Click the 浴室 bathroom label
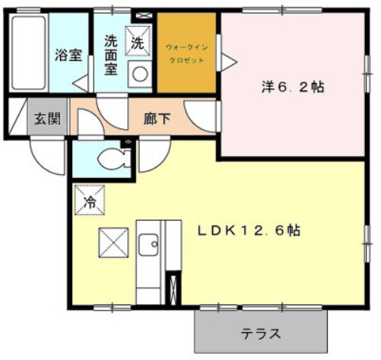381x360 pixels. (68, 55)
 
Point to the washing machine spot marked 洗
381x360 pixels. (137, 43)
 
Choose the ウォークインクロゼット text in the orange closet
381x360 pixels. (186, 54)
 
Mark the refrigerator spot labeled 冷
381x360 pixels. (90, 202)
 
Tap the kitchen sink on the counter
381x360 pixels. (149, 245)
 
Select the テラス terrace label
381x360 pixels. (262, 333)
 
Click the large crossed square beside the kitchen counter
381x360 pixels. (113, 244)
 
